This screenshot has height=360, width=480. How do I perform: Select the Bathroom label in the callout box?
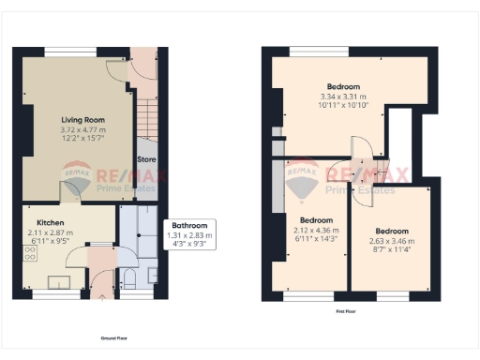point(190,225)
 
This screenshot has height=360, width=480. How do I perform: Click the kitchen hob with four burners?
point(31,256)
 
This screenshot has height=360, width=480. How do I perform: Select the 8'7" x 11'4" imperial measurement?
point(391,248)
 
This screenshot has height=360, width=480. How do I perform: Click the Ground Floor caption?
point(113,337)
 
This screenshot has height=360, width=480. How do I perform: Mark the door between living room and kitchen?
point(69,192)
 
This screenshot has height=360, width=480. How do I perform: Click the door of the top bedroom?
point(361,146)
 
